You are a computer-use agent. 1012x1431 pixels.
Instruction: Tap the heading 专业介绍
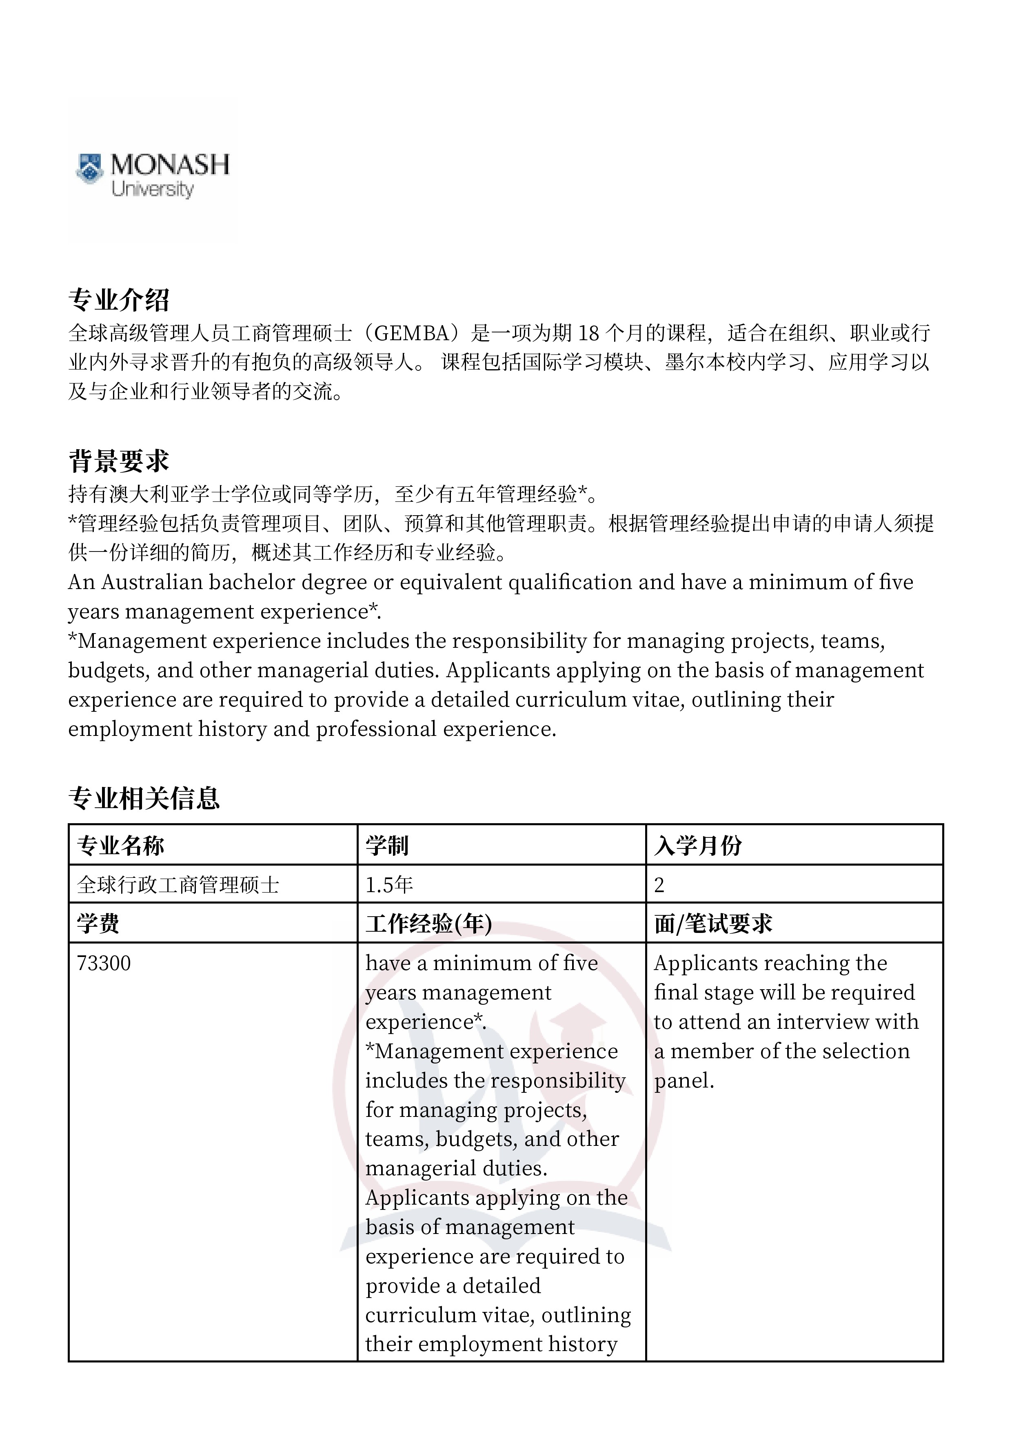(118, 300)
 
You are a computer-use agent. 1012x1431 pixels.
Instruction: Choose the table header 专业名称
(120, 846)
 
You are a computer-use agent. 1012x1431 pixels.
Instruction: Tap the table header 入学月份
(698, 846)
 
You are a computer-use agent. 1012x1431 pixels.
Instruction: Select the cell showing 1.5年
(389, 885)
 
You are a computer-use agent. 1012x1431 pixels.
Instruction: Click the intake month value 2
(659, 885)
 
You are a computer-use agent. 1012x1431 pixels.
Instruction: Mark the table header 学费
(98, 924)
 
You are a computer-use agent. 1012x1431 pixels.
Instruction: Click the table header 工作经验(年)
(428, 924)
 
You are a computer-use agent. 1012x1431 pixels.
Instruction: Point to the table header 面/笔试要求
(713, 924)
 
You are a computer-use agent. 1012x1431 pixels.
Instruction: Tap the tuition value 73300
(104, 964)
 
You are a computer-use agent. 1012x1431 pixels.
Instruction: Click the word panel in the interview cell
(684, 1081)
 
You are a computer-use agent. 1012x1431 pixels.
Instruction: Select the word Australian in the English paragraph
(151, 582)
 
